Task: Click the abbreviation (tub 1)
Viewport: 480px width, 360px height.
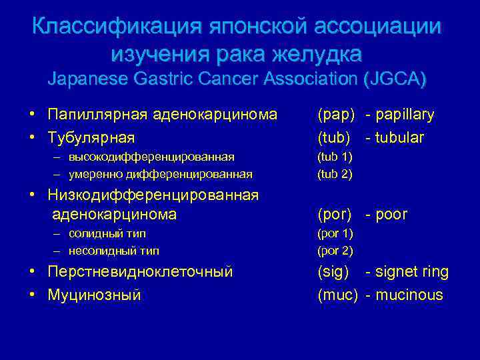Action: [335, 157]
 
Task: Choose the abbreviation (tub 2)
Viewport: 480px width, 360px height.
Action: [335, 174]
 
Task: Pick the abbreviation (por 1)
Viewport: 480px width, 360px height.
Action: [335, 234]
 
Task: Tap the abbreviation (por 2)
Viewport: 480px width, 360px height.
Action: [335, 251]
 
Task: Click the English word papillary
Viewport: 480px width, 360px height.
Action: [405, 115]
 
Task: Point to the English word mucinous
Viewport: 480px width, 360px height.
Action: [409, 295]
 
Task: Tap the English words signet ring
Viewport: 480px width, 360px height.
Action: [412, 272]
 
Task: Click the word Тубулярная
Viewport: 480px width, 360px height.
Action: [91, 138]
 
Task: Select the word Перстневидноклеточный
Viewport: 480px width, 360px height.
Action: [140, 272]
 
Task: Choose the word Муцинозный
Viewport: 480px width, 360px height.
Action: [94, 295]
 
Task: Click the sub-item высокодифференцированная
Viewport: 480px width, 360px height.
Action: [150, 157]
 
